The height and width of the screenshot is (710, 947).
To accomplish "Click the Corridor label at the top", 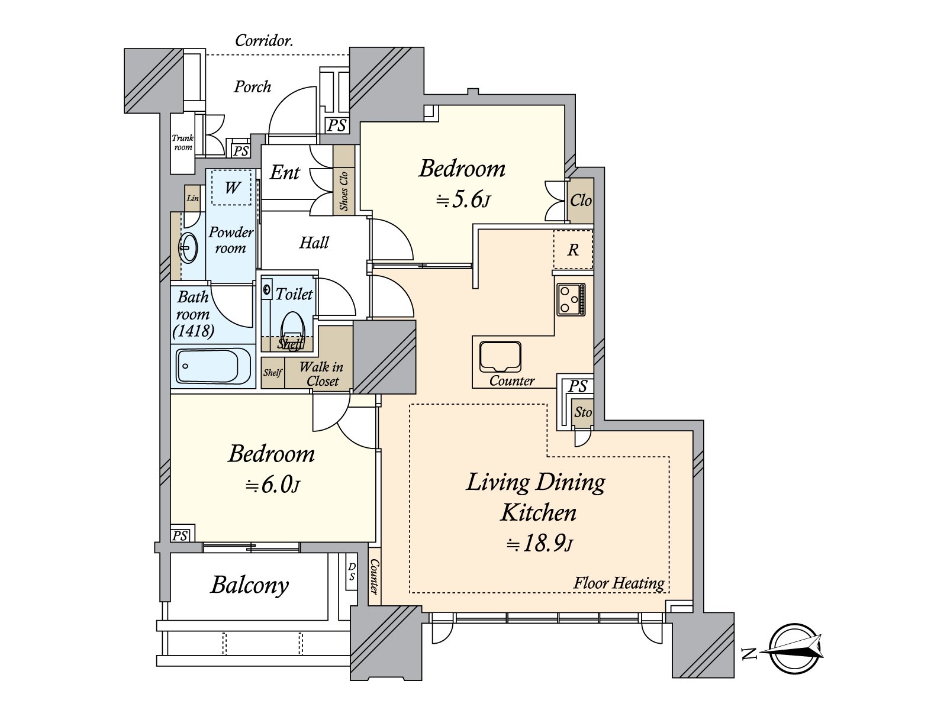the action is point(264,41).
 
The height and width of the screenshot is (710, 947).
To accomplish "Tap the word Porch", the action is point(252,87).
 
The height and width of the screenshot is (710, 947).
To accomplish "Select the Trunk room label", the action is point(183,143).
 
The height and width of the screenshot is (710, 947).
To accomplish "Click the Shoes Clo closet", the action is point(344,180).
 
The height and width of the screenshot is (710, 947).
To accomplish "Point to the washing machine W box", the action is point(232,188).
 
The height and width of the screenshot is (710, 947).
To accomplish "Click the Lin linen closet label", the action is point(192,198).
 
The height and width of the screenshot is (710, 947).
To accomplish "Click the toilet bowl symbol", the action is point(293,330).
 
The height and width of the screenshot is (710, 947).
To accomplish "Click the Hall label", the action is point(314,243).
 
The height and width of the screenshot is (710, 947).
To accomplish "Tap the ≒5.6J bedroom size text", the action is point(463,201).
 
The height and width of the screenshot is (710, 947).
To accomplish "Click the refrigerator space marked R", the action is point(574,250).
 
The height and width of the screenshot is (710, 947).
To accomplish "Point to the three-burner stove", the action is point(571,299).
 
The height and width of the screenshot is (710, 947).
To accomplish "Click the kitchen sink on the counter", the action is point(500,357).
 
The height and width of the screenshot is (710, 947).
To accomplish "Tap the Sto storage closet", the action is point(582,413).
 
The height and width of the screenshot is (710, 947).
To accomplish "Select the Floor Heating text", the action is point(619,583).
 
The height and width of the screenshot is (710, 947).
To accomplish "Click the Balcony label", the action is point(250,585).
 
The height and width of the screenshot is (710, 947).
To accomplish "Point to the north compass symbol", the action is point(794,648).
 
